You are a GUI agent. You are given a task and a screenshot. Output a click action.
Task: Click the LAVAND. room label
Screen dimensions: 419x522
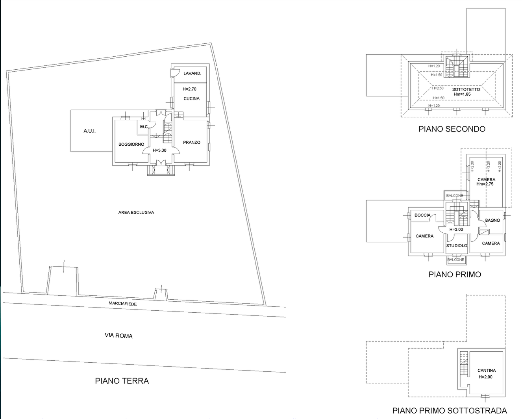[x=192, y=73]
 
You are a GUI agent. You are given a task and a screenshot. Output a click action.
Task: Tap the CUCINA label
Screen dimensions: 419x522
[x=192, y=98]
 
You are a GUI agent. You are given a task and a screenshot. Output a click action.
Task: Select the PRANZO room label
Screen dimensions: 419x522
[x=192, y=143]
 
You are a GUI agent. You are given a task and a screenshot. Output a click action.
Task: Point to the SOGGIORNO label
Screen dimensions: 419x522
[x=131, y=145]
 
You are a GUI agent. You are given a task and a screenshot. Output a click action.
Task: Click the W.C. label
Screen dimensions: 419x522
[x=144, y=127]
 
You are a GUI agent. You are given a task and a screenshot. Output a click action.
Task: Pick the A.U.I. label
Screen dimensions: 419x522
[x=90, y=131]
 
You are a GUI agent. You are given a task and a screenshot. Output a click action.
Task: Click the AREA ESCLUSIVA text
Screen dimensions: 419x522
[x=136, y=213]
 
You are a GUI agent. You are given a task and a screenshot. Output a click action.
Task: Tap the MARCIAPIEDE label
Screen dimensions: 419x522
[x=123, y=304]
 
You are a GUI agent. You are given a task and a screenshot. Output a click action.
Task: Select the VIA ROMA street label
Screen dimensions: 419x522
[x=118, y=336]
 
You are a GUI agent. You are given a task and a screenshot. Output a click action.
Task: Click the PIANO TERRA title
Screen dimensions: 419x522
[x=122, y=381]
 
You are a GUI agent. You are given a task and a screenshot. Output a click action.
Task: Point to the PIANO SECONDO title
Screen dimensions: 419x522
[x=452, y=129]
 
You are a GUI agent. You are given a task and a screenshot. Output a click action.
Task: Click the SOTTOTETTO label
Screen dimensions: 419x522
[x=466, y=89]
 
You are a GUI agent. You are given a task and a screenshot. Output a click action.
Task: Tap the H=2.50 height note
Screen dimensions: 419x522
[x=438, y=88]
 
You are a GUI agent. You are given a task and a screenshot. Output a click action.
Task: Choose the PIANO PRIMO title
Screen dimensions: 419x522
[x=455, y=274]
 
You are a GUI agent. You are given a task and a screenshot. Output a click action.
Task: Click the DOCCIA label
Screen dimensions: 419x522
[x=422, y=215]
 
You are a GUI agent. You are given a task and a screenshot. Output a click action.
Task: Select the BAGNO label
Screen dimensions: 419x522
[x=492, y=221]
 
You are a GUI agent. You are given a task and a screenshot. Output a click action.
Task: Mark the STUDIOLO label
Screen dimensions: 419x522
[x=457, y=246]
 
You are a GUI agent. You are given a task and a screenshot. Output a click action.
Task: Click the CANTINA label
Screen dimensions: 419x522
[x=487, y=371]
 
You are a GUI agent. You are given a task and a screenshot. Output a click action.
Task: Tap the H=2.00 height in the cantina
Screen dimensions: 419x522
[x=485, y=377]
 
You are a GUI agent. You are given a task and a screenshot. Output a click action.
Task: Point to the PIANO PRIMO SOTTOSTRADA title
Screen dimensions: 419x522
[x=450, y=410]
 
